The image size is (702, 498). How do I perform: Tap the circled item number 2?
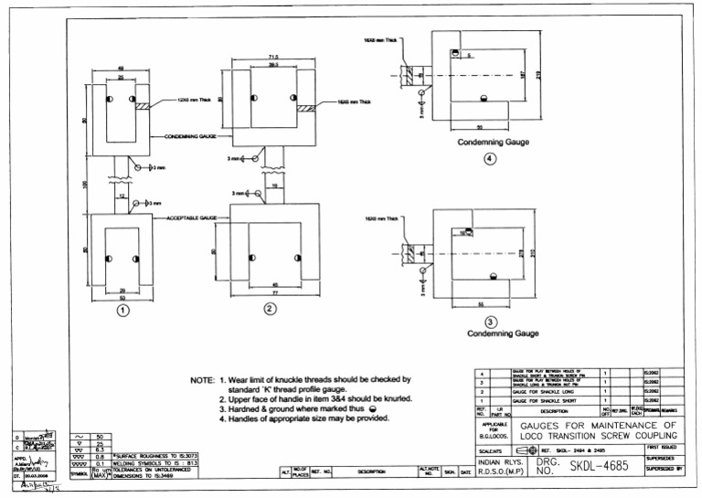(x=270, y=309)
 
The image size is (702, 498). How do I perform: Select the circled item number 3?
(x=490, y=322)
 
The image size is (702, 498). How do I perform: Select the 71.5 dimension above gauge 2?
(x=272, y=57)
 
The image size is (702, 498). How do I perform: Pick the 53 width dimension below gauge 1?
(x=122, y=297)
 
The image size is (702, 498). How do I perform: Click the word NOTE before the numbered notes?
(x=201, y=379)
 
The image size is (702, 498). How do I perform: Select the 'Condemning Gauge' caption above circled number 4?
(x=490, y=143)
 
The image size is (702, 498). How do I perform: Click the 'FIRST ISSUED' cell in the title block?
(x=672, y=447)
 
